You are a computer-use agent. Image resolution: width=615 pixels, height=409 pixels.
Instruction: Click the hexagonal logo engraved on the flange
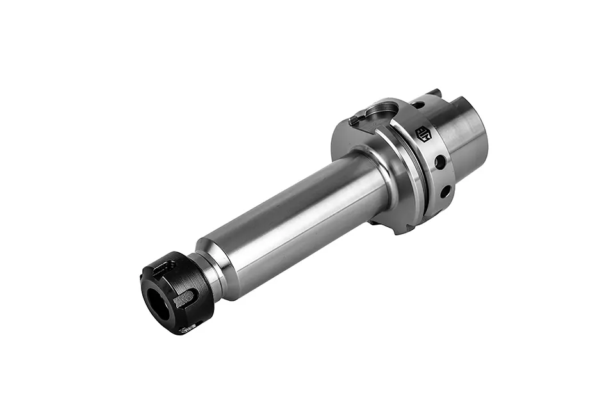pyautogui.click(x=423, y=134)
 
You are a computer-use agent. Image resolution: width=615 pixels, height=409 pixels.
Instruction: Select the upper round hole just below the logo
pyautogui.click(x=440, y=163)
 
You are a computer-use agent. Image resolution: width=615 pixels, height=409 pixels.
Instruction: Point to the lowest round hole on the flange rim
pyautogui.click(x=445, y=191)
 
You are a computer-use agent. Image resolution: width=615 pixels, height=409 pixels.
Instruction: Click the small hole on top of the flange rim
pyautogui.click(x=417, y=105)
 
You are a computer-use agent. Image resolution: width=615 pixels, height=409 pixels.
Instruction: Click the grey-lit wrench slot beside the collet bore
pyautogui.click(x=185, y=298)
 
